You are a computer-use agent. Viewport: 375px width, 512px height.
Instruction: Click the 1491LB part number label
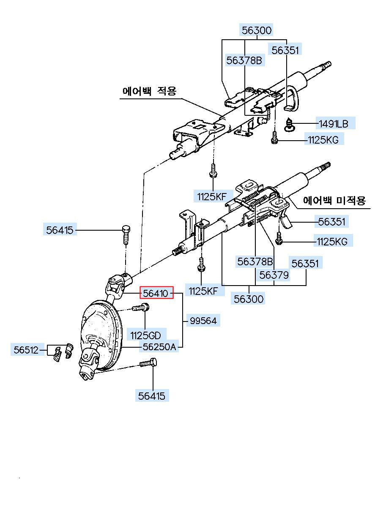[334, 124]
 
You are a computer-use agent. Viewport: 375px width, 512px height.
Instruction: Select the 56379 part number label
[274, 275]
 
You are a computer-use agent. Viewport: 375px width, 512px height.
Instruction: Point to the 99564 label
[203, 321]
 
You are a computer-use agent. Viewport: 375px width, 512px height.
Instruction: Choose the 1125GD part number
[145, 336]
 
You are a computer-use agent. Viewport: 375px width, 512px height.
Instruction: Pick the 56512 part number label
[26, 350]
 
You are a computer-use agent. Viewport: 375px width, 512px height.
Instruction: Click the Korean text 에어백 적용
[150, 90]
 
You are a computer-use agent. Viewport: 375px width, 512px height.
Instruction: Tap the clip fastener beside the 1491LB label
[290, 124]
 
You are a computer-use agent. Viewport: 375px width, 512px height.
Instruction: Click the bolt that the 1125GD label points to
[141, 307]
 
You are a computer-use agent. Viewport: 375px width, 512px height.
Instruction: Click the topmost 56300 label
[256, 30]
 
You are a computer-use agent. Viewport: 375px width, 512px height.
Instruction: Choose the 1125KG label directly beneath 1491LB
[324, 139]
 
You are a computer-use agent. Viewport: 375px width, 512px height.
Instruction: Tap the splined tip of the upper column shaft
[327, 65]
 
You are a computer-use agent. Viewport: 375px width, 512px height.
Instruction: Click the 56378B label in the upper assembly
[244, 60]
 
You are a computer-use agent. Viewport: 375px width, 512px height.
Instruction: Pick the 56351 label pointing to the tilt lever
[331, 222]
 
